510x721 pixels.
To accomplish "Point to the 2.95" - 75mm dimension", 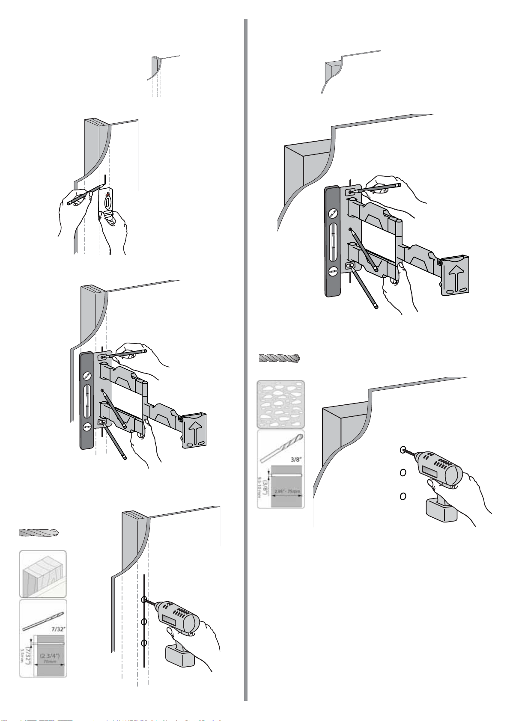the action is click(x=287, y=491).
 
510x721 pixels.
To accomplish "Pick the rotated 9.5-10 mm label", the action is click(x=260, y=488).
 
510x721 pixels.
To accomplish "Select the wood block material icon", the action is click(x=43, y=574).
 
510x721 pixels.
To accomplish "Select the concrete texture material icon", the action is click(x=280, y=404).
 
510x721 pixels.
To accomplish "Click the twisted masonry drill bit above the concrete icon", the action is click(x=280, y=358).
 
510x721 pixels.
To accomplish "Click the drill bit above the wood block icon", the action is click(x=39, y=533).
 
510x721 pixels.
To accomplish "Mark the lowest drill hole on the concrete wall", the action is click(x=403, y=496).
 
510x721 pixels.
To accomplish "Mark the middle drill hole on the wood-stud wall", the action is click(x=144, y=621).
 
